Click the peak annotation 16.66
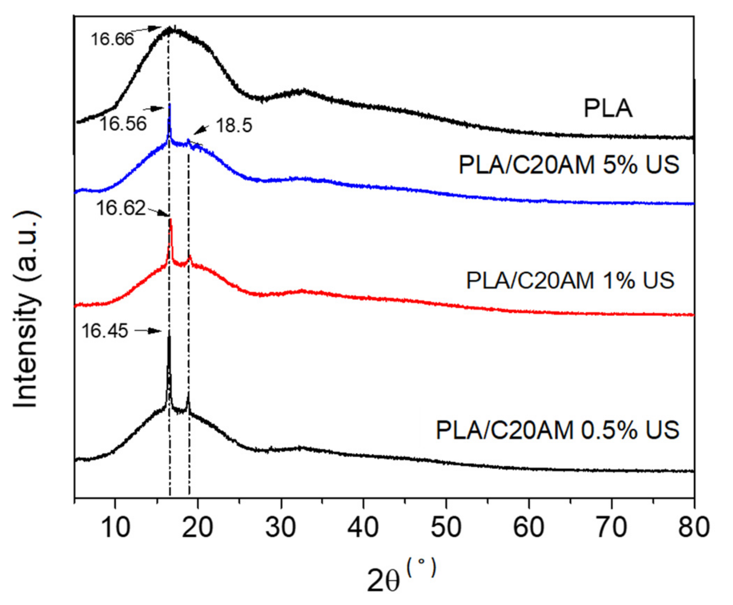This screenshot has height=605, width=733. [112, 39]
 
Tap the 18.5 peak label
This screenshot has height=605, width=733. [234, 125]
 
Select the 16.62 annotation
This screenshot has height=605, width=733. [120, 208]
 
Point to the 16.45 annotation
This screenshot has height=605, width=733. [105, 330]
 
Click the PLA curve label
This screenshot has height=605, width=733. [608, 109]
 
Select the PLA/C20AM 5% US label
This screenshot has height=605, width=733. [569, 165]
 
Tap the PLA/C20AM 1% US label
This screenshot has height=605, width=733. [570, 280]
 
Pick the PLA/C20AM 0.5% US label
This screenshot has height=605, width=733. [557, 430]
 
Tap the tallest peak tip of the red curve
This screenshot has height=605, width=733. [171, 219]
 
